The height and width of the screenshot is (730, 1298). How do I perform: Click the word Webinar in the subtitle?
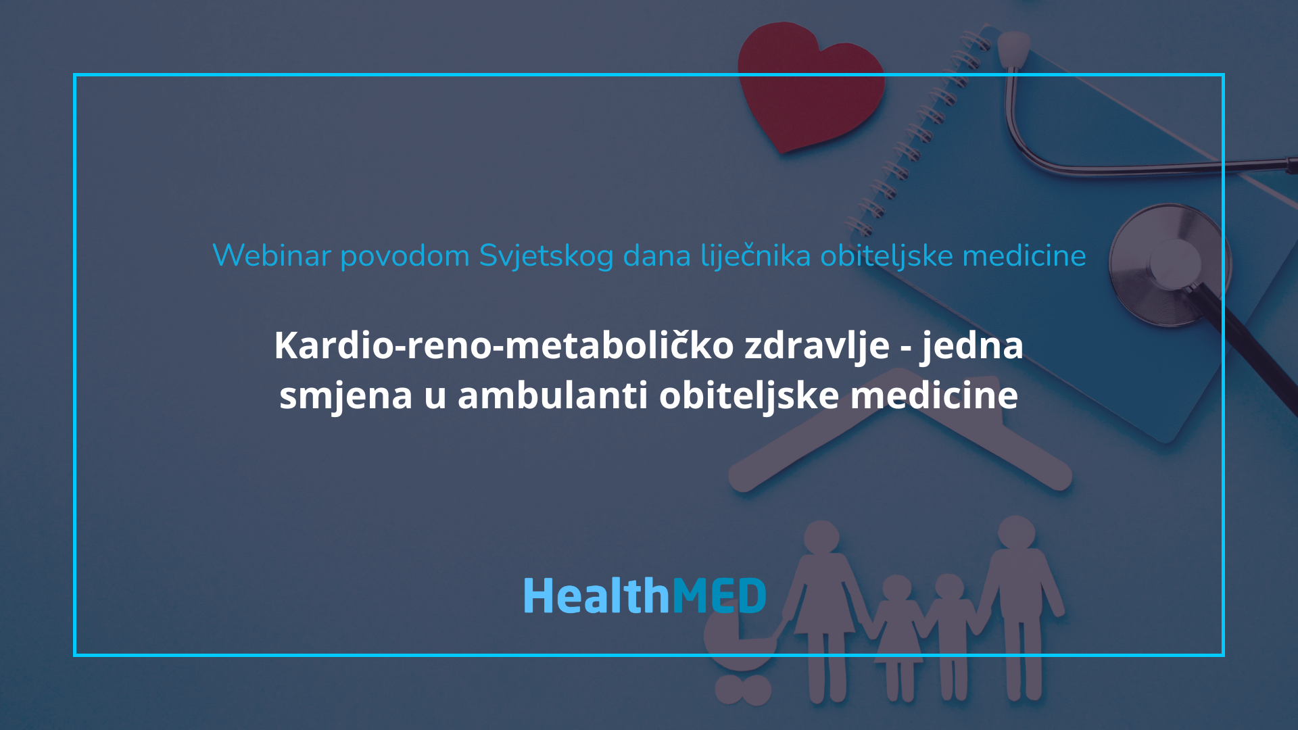[272, 256]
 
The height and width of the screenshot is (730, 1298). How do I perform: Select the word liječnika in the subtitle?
[755, 256]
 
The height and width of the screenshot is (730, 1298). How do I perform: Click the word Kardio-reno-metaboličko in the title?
[504, 345]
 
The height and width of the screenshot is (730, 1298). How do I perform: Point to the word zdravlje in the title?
[817, 346]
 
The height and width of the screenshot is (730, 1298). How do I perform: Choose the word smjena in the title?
[345, 396]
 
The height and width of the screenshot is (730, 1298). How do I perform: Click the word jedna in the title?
[971, 346]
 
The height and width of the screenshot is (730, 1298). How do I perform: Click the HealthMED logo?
[645, 596]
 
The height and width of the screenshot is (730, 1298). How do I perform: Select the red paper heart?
[808, 84]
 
